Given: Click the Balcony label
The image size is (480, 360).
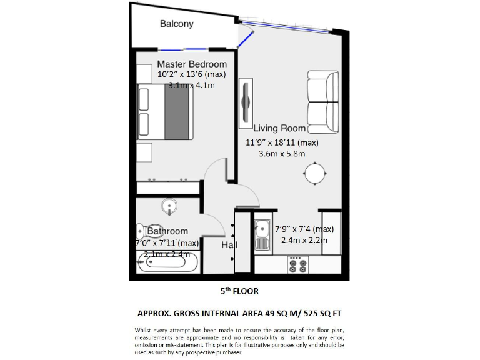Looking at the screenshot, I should pyautogui.click(x=176, y=24).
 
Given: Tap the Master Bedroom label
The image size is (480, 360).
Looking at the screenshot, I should pyautogui.click(x=192, y=64).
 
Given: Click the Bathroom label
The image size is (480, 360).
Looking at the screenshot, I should pyautogui.click(x=167, y=231).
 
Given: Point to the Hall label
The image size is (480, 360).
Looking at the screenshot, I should pyautogui.click(x=229, y=246).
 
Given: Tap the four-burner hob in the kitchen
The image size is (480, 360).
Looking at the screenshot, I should pyautogui.click(x=296, y=265).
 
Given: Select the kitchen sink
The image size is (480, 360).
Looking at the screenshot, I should pyautogui.click(x=262, y=236).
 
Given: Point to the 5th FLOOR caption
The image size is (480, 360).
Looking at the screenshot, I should pyautogui.click(x=239, y=291).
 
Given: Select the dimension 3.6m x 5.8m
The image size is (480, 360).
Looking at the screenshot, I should pyautogui.click(x=281, y=153).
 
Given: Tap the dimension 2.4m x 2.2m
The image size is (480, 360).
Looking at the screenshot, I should pyautogui.click(x=304, y=240).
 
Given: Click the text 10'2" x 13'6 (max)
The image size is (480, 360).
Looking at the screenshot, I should pyautogui.click(x=192, y=74).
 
